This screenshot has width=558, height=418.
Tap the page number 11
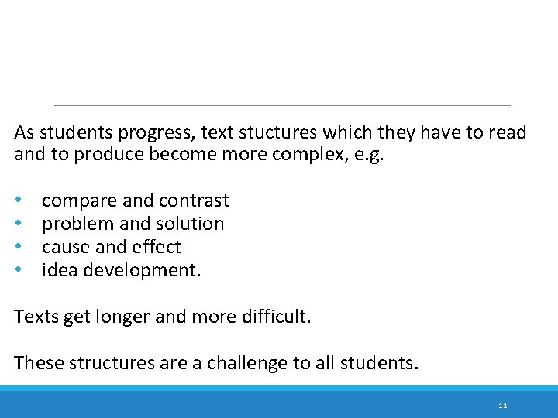(503, 406)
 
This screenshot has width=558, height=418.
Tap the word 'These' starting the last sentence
(35, 363)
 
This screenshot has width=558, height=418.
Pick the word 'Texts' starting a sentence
(34, 317)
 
